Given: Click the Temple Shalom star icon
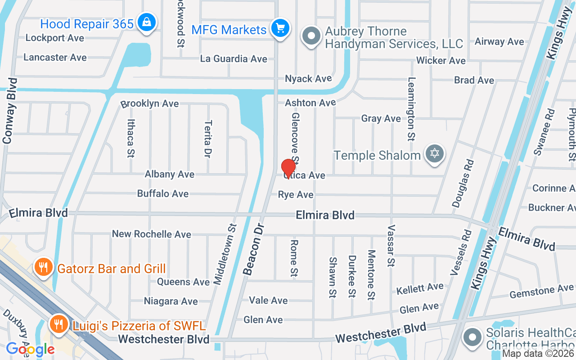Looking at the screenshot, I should click(434, 154).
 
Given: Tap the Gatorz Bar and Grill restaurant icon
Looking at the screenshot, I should click(43, 268).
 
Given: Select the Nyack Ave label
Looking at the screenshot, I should click(308, 79).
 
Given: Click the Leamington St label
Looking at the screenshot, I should click(411, 109).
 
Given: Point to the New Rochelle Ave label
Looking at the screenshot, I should click(151, 234).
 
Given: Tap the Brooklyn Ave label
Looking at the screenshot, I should click(149, 103).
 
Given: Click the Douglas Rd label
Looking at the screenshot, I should click(463, 183).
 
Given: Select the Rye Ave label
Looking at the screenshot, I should click(296, 194).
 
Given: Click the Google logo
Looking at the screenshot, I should click(30, 349).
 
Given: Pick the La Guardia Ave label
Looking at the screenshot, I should click(234, 59).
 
